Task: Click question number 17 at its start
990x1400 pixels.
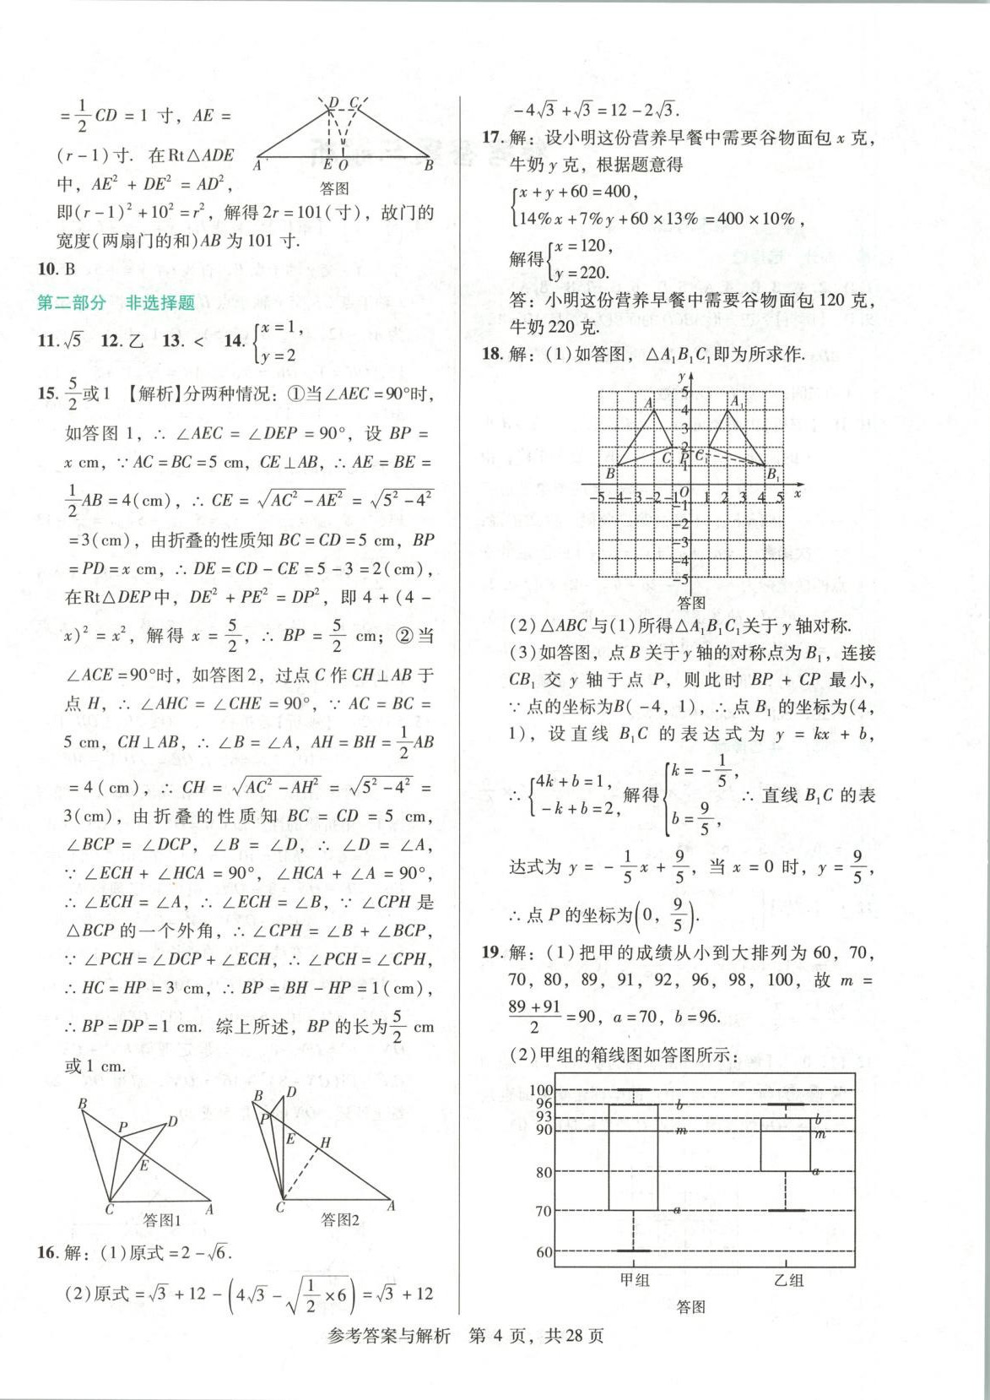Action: point(492,137)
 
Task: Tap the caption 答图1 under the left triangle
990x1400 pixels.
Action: point(162,1219)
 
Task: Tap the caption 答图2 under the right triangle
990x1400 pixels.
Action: point(340,1219)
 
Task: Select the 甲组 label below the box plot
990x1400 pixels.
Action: point(635,1279)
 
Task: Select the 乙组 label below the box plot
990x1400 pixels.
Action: point(788,1279)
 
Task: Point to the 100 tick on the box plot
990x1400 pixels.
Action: point(541,1090)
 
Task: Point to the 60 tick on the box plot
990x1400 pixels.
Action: point(544,1252)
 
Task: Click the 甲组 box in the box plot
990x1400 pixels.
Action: point(633,1157)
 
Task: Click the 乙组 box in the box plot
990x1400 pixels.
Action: point(785,1145)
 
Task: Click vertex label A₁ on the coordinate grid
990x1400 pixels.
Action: point(737,402)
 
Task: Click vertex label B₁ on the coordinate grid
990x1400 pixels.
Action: point(772,475)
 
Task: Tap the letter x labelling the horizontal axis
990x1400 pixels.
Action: point(798,494)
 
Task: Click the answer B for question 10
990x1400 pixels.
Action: point(69,269)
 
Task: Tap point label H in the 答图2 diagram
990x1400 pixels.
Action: point(325,1142)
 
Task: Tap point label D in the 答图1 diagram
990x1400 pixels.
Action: point(172,1121)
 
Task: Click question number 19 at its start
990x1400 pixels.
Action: point(492,952)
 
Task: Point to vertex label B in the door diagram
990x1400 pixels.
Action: point(429,166)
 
